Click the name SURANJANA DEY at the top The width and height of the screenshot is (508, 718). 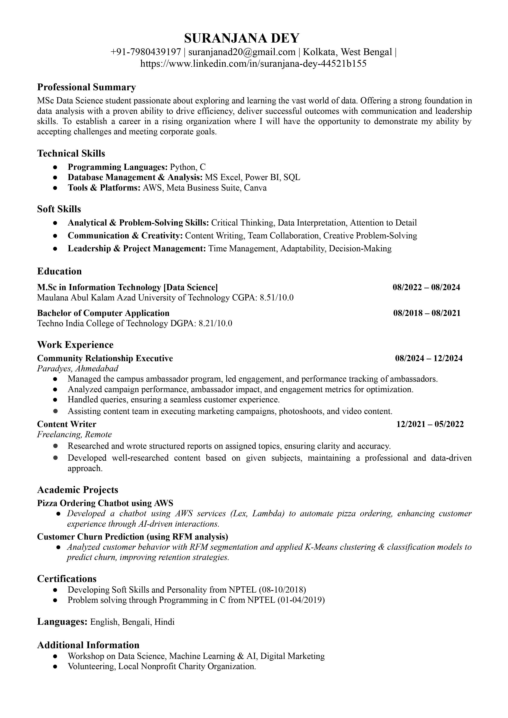coord(242,38)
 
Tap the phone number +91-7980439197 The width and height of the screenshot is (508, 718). coord(146,52)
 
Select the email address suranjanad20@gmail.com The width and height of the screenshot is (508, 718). coord(242,52)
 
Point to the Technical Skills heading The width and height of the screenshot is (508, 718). coord(71,153)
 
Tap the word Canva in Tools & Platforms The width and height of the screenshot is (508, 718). coord(255,188)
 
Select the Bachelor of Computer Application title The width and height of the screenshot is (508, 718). coord(103,313)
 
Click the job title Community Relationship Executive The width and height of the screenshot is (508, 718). coord(105,358)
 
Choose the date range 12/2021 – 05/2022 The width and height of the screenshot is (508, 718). coord(430,424)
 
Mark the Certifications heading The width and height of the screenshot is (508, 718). coord(67,578)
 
